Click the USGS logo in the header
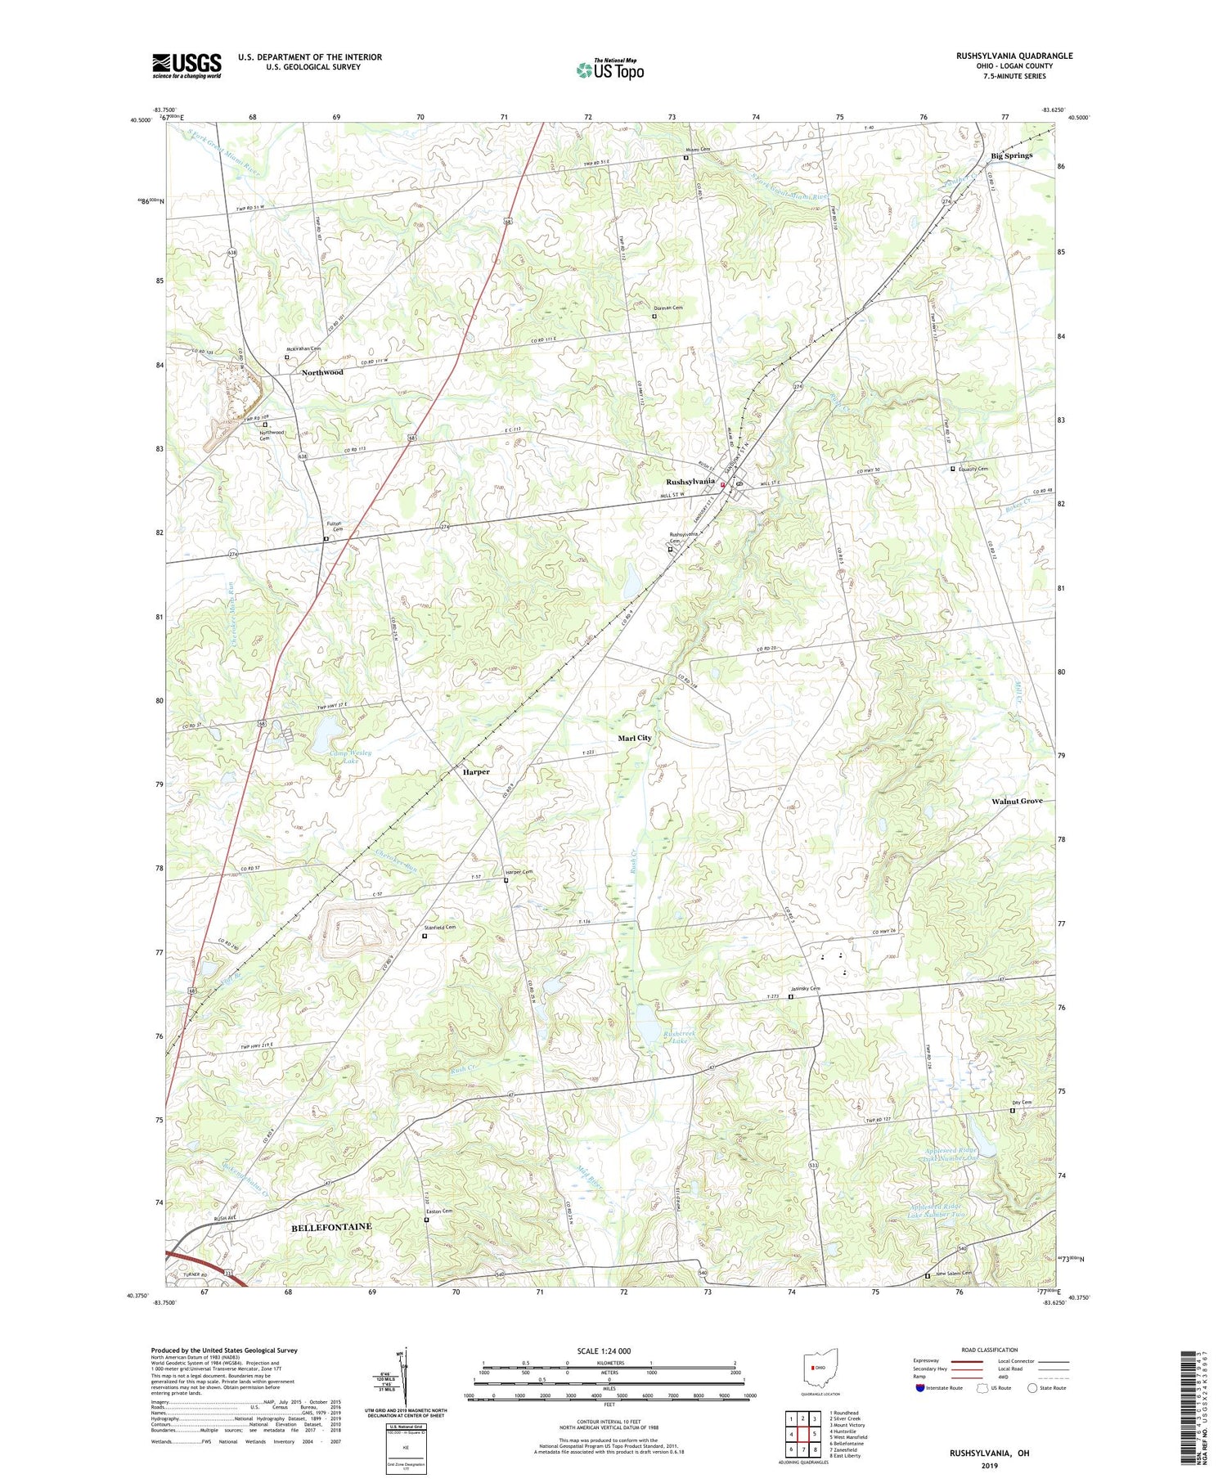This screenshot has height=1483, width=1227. [187, 65]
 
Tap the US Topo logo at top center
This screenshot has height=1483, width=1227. [610, 70]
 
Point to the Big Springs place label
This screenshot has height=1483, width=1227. [1011, 155]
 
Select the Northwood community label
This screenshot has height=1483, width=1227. [322, 372]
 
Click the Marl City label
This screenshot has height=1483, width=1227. [635, 738]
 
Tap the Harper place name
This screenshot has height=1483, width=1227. [476, 771]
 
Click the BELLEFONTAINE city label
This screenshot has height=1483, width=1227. [331, 1227]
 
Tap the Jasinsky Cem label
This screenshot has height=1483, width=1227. [810, 989]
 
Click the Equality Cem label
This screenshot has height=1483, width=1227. [973, 469]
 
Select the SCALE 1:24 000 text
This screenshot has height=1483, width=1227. [609, 1350]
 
